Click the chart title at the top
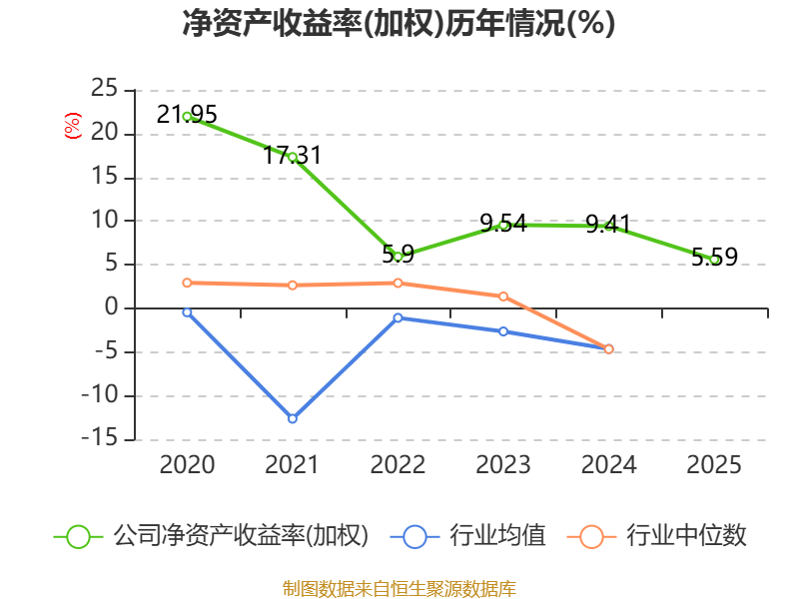click(x=399, y=23)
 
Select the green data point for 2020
click(x=187, y=117)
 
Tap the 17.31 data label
click(x=292, y=155)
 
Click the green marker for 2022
click(x=398, y=257)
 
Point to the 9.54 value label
click(x=503, y=223)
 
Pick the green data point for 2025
click(x=715, y=260)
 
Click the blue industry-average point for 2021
click(x=293, y=418)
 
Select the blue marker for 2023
click(x=503, y=331)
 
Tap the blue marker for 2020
click(x=187, y=312)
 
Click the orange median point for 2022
click(x=398, y=284)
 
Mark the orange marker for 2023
click(x=503, y=297)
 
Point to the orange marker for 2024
click(x=609, y=348)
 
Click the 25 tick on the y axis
click(x=105, y=89)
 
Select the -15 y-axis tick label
click(x=100, y=438)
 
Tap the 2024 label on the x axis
click(x=609, y=464)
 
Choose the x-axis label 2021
click(x=292, y=464)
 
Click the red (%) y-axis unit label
click(x=72, y=126)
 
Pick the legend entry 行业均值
click(x=468, y=536)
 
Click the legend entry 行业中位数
click(x=657, y=536)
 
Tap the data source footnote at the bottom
click(x=399, y=589)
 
